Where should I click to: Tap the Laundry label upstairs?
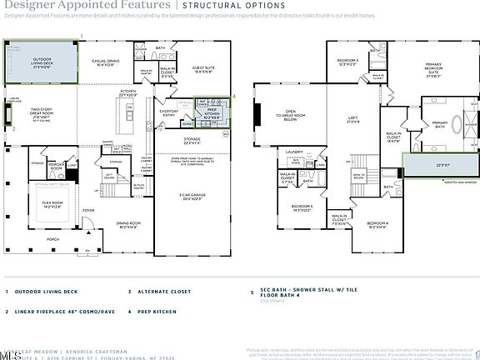point(292,152)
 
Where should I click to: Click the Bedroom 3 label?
point(347,62)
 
